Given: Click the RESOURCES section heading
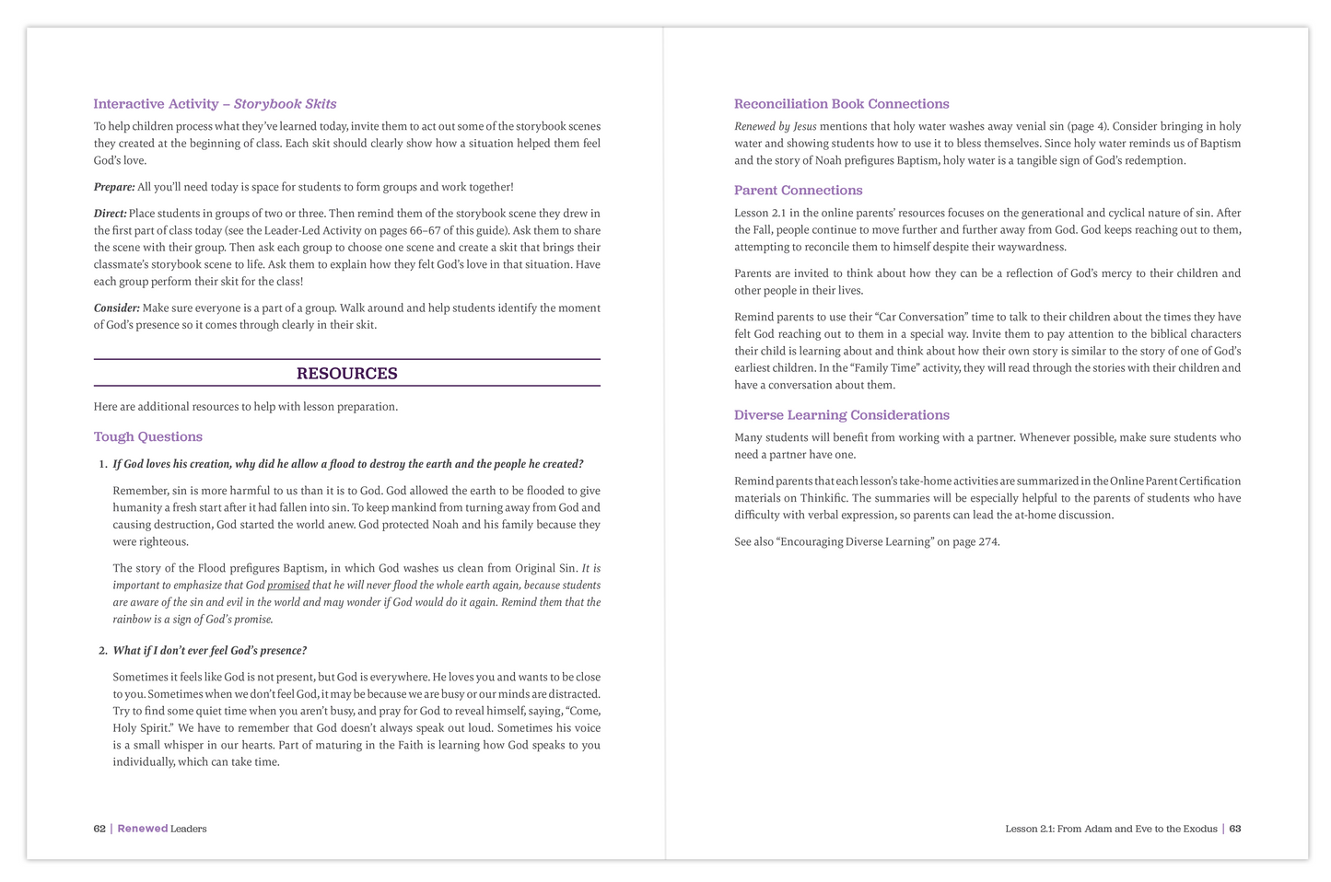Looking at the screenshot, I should click(x=346, y=373).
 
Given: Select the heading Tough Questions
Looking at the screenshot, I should click(x=147, y=436).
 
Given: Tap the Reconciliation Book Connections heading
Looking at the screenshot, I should click(x=841, y=104).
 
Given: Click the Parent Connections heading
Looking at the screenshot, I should click(x=798, y=191).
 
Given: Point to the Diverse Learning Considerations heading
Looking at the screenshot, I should click(x=841, y=415).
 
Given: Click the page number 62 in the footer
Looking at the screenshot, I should click(x=99, y=829).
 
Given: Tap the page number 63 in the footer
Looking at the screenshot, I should click(x=1235, y=829).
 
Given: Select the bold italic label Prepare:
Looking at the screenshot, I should click(x=114, y=187).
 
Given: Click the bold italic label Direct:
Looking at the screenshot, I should click(x=111, y=214).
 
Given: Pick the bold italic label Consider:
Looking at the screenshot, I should click(x=117, y=308).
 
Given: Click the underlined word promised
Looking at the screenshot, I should click(x=288, y=586).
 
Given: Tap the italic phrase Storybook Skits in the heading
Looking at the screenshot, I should click(x=285, y=104).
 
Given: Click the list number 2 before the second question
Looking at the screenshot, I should click(x=102, y=651).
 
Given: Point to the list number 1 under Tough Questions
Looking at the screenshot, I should click(x=102, y=464).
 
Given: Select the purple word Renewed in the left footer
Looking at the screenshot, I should click(x=142, y=829).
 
